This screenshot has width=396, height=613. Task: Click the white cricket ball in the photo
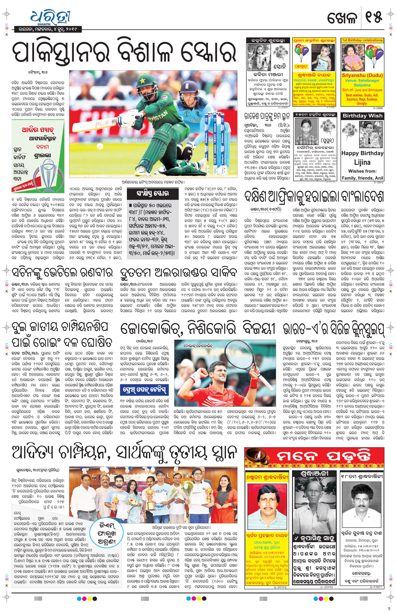click(100, 146)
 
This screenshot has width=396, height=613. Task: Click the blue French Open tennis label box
click(144, 390)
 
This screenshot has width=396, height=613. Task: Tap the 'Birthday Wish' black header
click(362, 116)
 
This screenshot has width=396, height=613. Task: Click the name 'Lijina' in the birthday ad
click(362, 162)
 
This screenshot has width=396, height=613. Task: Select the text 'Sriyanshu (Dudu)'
click(362, 75)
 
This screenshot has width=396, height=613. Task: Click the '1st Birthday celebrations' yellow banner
click(362, 40)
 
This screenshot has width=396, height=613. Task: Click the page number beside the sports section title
click(374, 18)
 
